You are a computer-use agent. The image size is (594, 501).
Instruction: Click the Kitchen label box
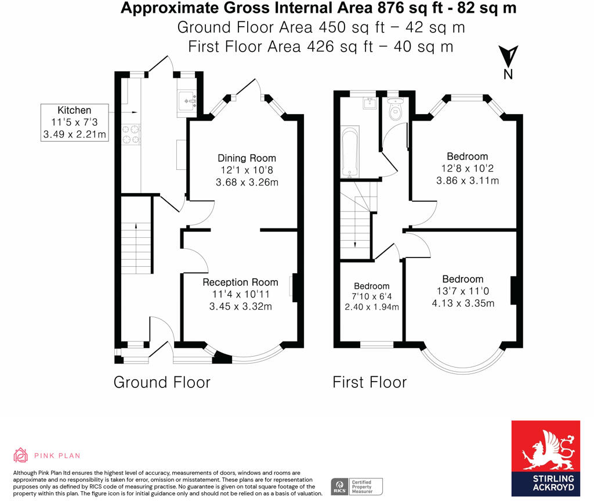pos(75,123)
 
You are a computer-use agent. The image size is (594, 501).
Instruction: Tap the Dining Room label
pos(247,158)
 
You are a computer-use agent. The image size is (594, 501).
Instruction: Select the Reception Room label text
pos(240,282)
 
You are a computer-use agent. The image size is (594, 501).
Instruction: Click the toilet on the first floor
pos(396,108)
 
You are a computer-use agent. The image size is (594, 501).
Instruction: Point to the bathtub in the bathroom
pos(350,152)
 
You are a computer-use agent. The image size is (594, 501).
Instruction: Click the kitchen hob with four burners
pos(131,135)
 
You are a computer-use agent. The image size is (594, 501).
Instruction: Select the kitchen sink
pos(187,100)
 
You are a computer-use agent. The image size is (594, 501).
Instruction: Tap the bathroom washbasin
pos(370,103)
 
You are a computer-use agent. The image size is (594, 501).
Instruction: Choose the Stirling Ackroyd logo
pos(545,458)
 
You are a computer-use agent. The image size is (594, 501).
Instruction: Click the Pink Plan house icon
pos(20,455)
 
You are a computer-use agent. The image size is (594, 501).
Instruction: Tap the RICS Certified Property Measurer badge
pos(357,487)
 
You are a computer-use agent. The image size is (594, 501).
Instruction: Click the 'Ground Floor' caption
pos(162,383)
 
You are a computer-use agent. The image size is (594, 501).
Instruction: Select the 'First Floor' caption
pos(370,383)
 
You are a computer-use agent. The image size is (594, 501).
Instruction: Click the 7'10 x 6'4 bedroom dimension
pos(372,296)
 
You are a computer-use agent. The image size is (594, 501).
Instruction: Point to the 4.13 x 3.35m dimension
pos(463,303)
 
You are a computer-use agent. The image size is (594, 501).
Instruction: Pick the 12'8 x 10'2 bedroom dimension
pos(467,169)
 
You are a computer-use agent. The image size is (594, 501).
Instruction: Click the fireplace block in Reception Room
pos(295,288)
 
